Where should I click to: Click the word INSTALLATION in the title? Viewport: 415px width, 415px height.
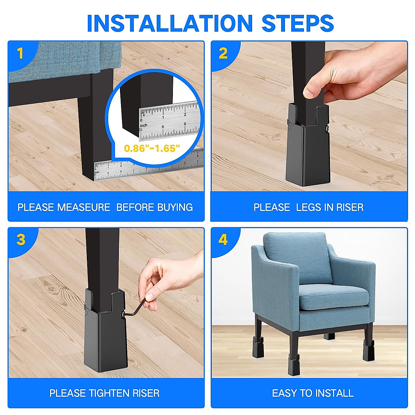tap(170, 23)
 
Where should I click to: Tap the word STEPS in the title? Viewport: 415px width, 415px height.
tap(298, 23)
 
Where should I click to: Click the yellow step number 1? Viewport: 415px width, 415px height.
tap(20, 53)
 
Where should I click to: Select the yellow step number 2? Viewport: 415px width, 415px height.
tap(223, 53)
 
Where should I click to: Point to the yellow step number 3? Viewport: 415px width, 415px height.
tap(21, 240)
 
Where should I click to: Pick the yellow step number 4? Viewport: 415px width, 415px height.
tap(223, 240)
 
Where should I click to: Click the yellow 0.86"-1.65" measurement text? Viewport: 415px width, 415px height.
tap(152, 148)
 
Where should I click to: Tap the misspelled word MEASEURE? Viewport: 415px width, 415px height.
tap(84, 207)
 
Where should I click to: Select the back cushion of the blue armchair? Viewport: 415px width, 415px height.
tap(298, 258)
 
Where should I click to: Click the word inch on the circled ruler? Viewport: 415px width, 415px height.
tap(144, 125)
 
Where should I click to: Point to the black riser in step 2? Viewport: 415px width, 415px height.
tap(308, 145)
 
